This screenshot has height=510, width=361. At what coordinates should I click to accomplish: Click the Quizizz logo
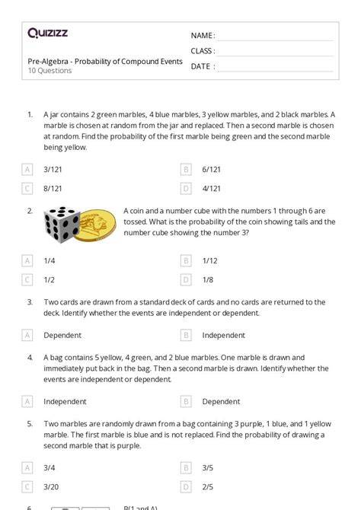(x=47, y=33)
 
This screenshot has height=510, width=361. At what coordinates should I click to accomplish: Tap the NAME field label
(x=202, y=36)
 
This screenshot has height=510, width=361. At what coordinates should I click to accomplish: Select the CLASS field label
(x=203, y=51)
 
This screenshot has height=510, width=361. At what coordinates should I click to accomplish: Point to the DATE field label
(x=201, y=66)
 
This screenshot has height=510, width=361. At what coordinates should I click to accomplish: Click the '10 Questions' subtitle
(x=50, y=71)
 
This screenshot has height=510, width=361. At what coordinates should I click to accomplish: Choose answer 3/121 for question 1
(x=53, y=169)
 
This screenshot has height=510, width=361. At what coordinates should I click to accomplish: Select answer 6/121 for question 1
(x=211, y=169)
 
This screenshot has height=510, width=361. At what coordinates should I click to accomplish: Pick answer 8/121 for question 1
(x=53, y=188)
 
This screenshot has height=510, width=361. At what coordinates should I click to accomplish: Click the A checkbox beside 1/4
(x=28, y=260)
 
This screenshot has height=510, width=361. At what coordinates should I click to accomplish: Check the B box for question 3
(x=186, y=335)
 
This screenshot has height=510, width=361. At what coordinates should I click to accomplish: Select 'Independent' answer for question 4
(x=65, y=401)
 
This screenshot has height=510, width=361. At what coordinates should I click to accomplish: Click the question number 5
(x=30, y=423)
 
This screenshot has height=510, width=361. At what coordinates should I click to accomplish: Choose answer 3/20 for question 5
(x=53, y=486)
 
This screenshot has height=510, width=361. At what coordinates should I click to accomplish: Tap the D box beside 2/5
(x=186, y=486)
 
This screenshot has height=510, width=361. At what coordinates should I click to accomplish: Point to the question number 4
(x=30, y=357)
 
